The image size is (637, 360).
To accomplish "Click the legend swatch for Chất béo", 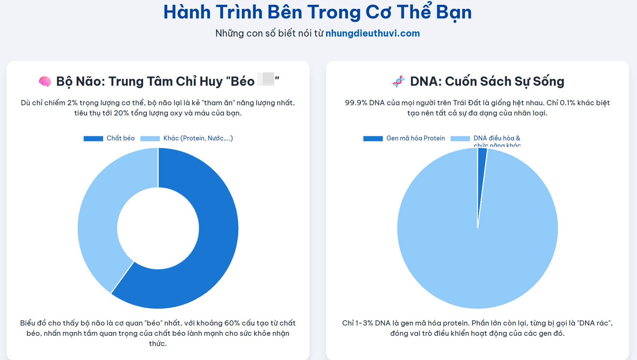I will (93, 138).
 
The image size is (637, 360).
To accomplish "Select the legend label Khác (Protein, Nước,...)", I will (198, 138).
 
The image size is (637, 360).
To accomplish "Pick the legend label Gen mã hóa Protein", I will (415, 138).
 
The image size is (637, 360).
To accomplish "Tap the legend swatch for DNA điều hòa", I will (460, 138).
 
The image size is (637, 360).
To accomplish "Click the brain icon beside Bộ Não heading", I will (45, 82).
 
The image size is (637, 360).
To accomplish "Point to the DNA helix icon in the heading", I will (398, 82).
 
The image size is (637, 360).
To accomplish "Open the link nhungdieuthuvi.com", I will (372, 33).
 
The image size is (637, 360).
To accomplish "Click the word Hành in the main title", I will (187, 12).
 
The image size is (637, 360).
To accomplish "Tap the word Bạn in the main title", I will (454, 12).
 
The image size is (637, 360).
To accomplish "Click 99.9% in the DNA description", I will (356, 103).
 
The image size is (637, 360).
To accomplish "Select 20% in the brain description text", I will (121, 113).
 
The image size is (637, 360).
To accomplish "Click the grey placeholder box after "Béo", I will (266, 79).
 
